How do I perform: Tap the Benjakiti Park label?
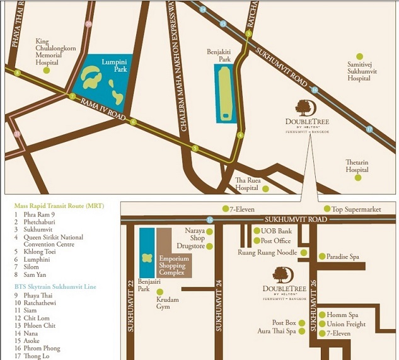pyautogui.click(x=218, y=55)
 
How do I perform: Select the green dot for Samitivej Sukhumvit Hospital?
pyautogui.click(x=360, y=56)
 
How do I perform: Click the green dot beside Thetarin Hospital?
pyautogui.click(x=358, y=178)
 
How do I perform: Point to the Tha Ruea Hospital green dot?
pyautogui.click(x=265, y=189)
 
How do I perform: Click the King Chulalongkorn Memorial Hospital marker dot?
pyautogui.click(x=46, y=71)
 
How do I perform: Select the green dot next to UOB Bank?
pyautogui.click(x=257, y=231)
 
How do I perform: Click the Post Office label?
pyautogui.click(x=275, y=241)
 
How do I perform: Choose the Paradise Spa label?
pyautogui.click(x=343, y=257)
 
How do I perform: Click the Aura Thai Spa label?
pyautogui.click(x=277, y=330)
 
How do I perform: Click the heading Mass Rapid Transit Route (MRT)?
pyautogui.click(x=59, y=206)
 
